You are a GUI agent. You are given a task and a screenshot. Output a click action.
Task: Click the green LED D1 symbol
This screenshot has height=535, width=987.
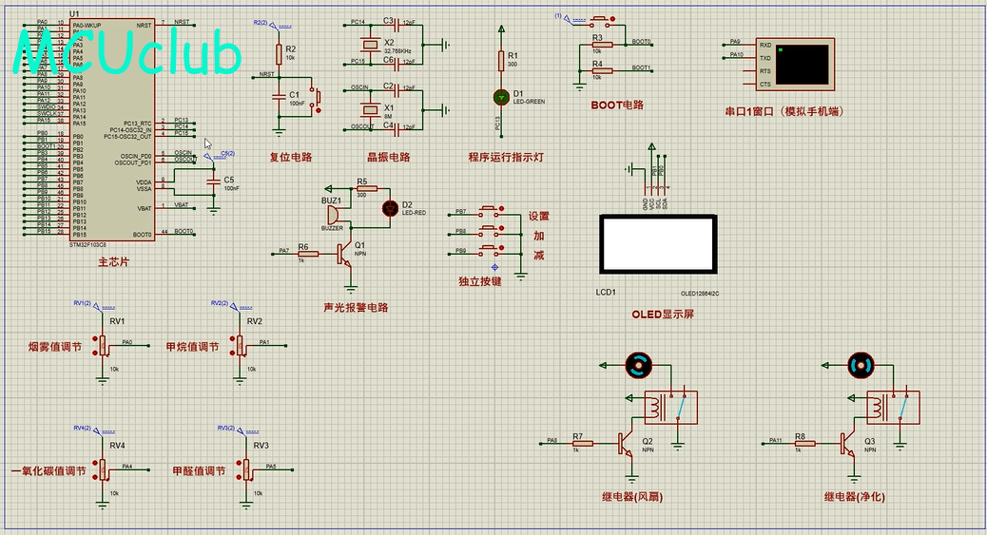(501, 97)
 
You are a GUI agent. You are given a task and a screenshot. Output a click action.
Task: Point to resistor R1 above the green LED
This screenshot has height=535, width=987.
(501, 61)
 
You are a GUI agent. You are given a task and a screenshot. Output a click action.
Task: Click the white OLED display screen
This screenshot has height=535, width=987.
(656, 243)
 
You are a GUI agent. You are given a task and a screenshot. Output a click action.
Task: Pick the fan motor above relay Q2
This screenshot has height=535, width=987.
(638, 363)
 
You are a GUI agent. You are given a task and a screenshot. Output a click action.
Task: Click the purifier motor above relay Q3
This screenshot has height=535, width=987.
(860, 363)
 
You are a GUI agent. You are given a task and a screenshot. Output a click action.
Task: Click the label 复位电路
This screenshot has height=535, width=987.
(291, 158)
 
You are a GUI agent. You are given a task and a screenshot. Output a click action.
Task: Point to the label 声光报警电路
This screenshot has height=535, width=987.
(356, 308)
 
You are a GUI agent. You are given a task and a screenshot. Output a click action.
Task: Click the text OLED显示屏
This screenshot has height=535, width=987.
(663, 315)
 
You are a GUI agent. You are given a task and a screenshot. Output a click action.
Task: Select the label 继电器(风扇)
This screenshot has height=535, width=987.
(631, 497)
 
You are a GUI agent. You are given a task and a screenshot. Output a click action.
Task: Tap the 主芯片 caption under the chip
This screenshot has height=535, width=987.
(114, 261)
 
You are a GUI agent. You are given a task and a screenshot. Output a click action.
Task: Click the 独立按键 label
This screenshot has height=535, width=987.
(479, 281)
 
